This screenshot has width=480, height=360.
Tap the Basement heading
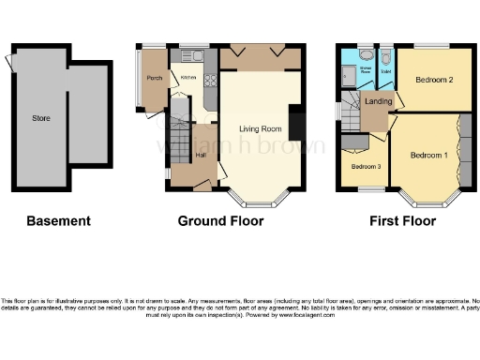pos(58,221)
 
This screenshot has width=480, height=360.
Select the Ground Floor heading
pos(220,221)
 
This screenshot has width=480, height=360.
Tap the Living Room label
pos(261,127)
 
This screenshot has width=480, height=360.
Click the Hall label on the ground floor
pos(200,155)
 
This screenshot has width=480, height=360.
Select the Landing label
pos(378,102)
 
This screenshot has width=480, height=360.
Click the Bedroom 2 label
pos(435,80)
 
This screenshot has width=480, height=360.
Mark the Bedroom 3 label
pos(365,166)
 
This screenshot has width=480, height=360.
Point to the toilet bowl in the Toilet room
pos(386,54)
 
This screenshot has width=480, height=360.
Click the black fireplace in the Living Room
pos(295,125)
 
